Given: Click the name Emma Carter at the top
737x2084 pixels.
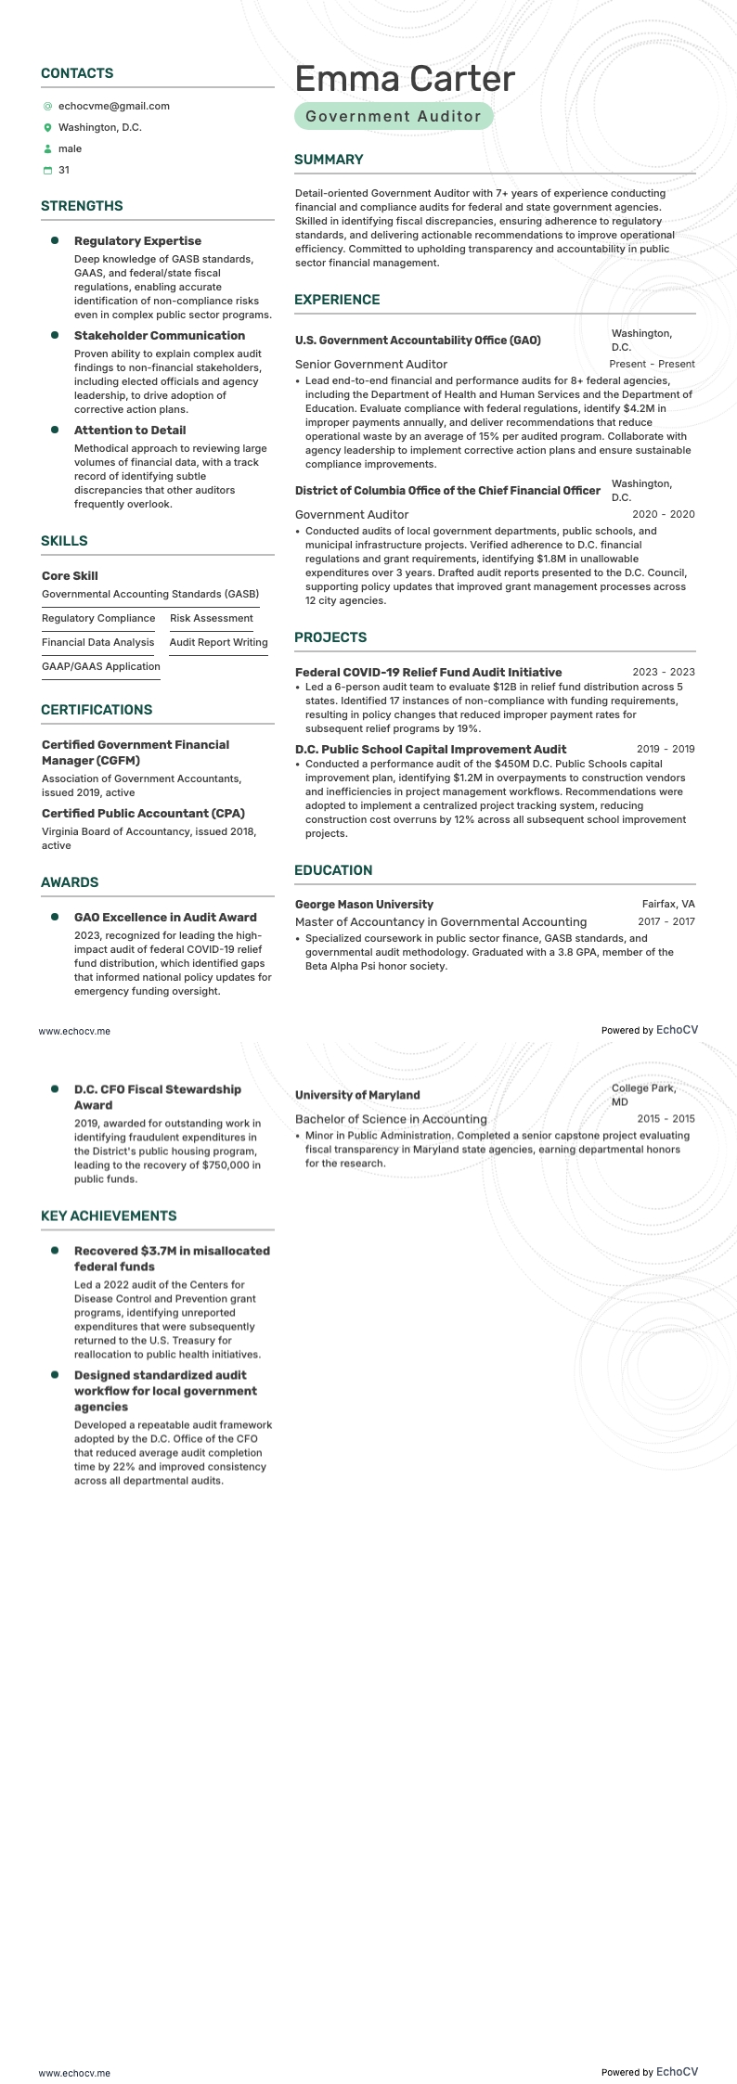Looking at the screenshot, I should tap(405, 79).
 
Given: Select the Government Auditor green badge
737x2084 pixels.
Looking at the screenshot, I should tap(394, 117).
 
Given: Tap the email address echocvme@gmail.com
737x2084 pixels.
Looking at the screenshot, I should tap(113, 107).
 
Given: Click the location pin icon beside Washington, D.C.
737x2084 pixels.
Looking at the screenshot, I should tap(48, 128).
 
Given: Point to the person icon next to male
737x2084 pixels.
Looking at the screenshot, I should tap(48, 149).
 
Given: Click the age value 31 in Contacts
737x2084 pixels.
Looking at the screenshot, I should tap(64, 171).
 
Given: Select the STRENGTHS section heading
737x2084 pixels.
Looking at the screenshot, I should tap(82, 206).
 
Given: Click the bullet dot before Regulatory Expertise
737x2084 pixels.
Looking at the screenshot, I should tap(55, 241).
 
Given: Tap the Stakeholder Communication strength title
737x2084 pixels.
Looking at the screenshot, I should tap(160, 336).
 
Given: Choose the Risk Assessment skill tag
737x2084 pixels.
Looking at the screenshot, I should tap(211, 619).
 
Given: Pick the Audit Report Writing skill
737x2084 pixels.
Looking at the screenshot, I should tap(218, 643).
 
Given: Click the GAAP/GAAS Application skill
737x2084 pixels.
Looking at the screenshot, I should tap(101, 667).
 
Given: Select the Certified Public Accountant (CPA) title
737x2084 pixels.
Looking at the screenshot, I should tap(143, 814).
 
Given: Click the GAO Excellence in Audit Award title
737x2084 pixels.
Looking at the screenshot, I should tap(165, 918).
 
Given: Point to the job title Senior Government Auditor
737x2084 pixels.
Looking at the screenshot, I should tap(371, 365).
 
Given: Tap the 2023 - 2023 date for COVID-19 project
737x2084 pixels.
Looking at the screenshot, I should tap(663, 673).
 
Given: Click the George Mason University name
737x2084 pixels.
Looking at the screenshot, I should tap(364, 905).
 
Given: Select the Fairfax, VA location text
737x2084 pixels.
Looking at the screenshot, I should tap(668, 905).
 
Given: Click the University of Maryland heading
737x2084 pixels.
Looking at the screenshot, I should tap(357, 1095).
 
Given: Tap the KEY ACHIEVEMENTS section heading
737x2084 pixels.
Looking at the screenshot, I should tap(109, 1216).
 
